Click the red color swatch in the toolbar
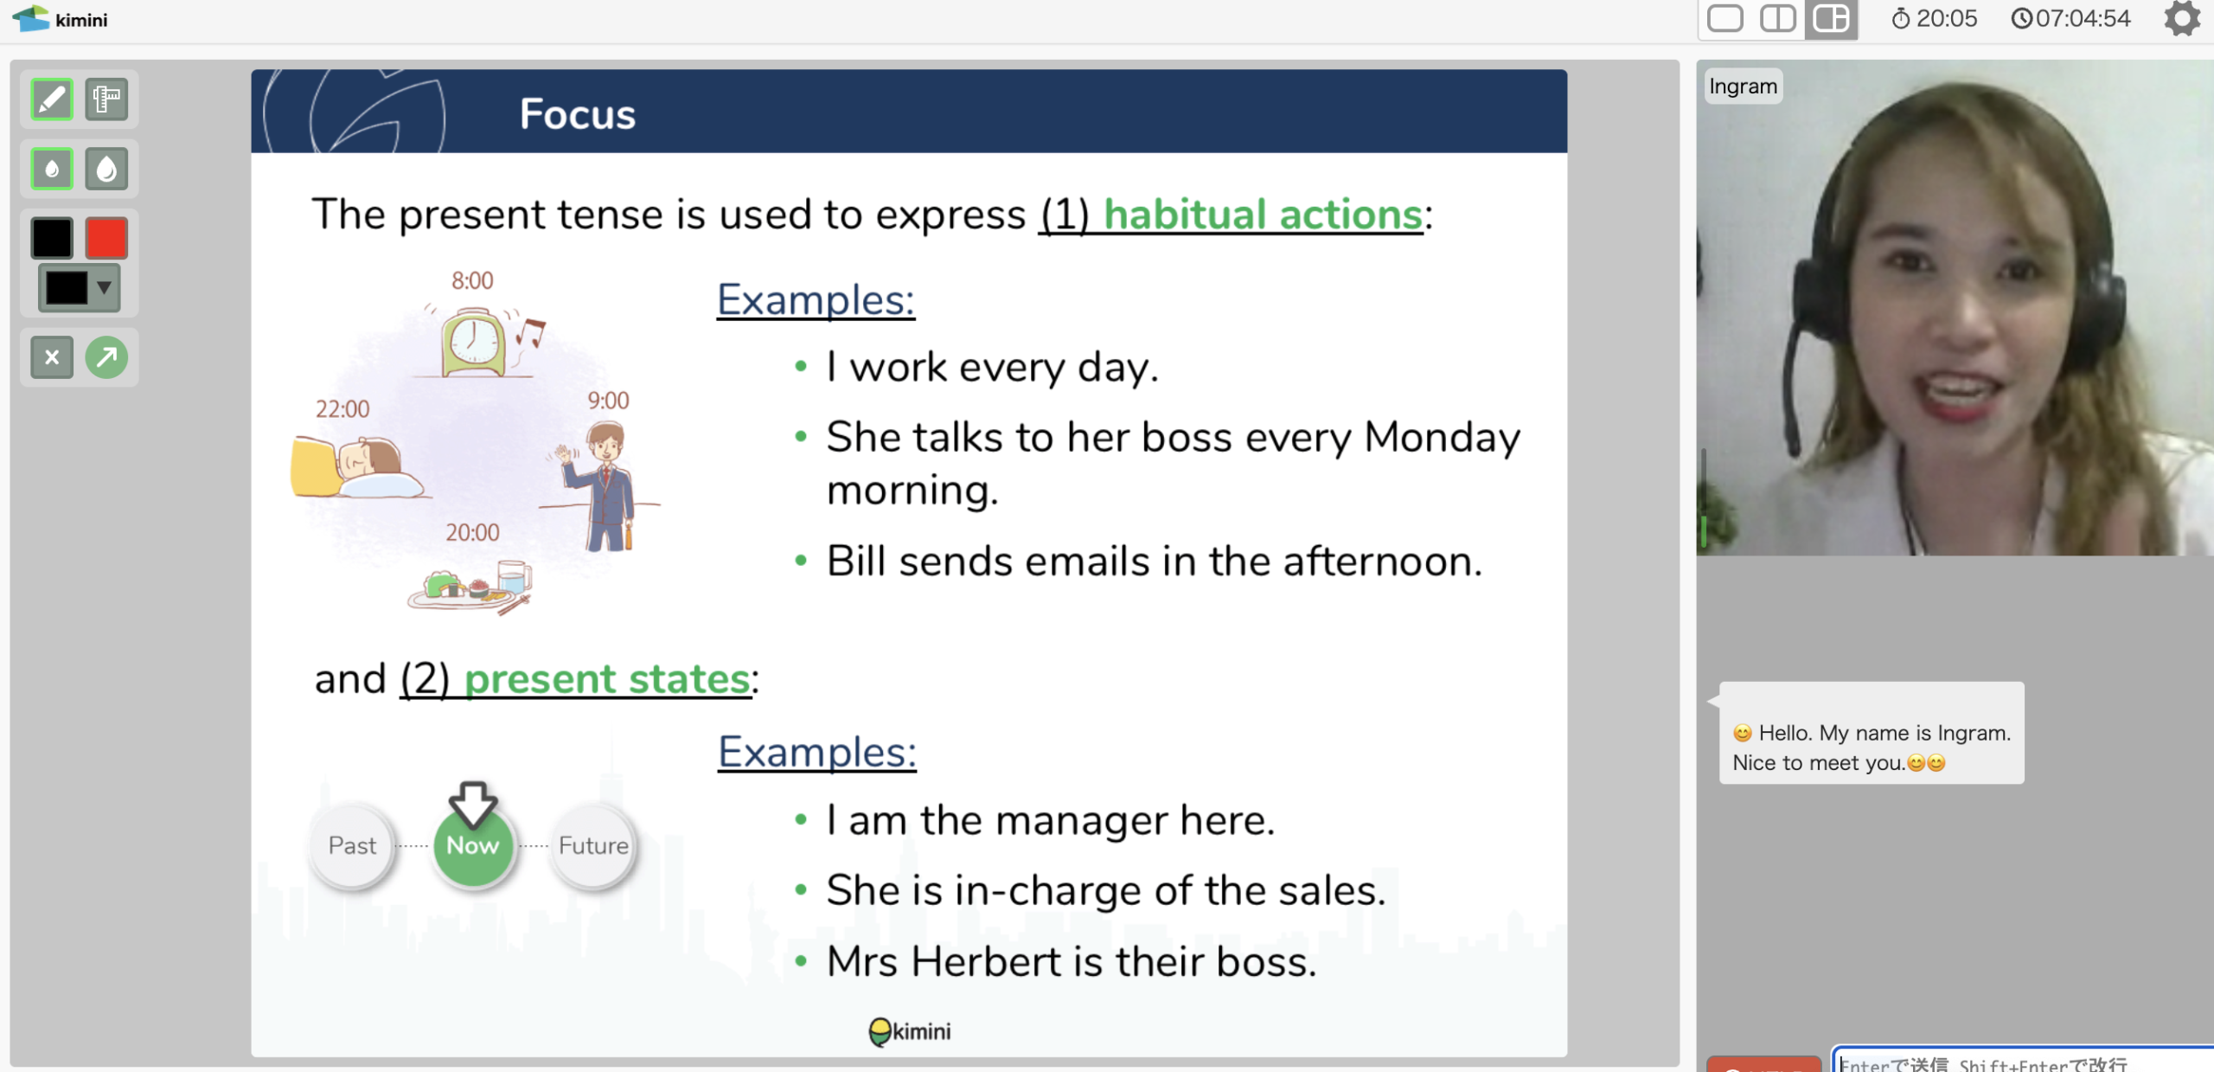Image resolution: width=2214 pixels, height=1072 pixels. click(x=106, y=239)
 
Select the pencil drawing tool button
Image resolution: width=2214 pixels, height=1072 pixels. click(x=52, y=99)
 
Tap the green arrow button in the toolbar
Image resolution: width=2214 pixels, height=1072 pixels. click(x=106, y=357)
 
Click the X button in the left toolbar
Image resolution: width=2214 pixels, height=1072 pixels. click(x=52, y=357)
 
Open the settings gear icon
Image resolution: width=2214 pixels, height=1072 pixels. click(x=2182, y=18)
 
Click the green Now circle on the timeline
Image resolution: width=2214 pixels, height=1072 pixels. click(x=473, y=845)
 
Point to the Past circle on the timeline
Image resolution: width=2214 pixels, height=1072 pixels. click(x=352, y=845)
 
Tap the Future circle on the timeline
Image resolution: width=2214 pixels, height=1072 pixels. click(x=593, y=845)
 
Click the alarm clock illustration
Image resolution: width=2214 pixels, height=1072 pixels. click(x=474, y=343)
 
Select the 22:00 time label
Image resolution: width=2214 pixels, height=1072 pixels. click(x=342, y=409)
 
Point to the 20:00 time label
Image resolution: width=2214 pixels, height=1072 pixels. click(x=472, y=532)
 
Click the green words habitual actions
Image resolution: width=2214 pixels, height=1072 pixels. click(x=1263, y=215)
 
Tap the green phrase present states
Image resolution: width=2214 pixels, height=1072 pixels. click(x=607, y=679)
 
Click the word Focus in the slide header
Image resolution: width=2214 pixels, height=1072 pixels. click(x=578, y=114)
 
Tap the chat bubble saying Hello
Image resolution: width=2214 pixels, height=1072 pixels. click(x=1872, y=733)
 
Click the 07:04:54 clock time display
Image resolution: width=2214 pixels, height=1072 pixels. click(x=2071, y=19)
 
